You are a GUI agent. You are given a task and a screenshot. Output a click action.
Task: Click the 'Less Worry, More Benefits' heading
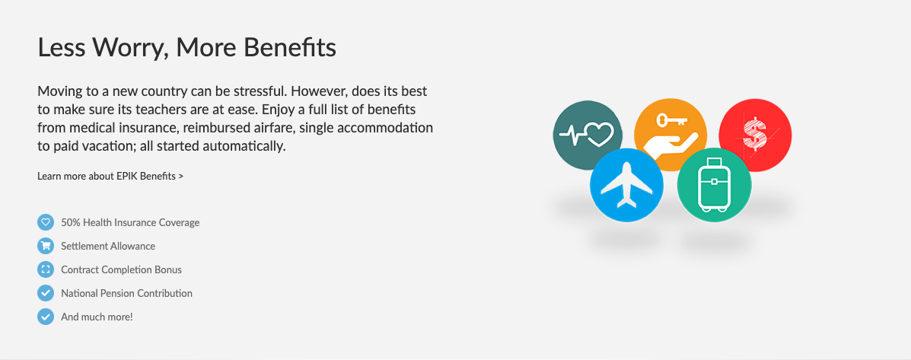[x=186, y=48]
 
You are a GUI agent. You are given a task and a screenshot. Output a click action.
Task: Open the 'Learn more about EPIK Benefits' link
[x=110, y=176]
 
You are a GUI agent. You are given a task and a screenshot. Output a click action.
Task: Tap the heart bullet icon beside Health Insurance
[x=46, y=222]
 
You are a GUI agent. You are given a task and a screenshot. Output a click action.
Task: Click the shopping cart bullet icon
[x=46, y=246]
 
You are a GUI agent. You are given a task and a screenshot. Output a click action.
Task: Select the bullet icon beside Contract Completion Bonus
[x=46, y=269]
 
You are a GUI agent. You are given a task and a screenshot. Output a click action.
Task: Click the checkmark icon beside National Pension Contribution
[x=46, y=293]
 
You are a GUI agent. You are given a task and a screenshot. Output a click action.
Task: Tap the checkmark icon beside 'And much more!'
[x=46, y=317]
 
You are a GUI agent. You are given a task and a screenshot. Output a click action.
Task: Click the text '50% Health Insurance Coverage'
[x=130, y=222]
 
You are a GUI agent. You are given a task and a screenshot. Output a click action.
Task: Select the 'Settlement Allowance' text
[x=108, y=246]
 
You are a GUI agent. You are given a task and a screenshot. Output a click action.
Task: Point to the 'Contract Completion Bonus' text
[x=122, y=270]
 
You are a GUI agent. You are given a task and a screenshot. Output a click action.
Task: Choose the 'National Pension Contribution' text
[x=126, y=293]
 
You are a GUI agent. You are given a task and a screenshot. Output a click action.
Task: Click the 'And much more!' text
[x=97, y=317]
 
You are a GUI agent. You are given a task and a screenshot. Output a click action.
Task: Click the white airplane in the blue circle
[x=626, y=185]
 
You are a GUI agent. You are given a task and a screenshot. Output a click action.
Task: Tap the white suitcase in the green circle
[x=714, y=185]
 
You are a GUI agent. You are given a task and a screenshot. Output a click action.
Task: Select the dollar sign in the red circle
[x=755, y=134]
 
